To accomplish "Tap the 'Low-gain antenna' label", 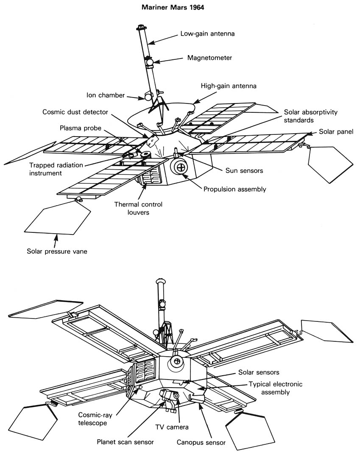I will (207, 33).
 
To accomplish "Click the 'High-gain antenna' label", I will (229, 86).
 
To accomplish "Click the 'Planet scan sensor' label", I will (124, 442).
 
